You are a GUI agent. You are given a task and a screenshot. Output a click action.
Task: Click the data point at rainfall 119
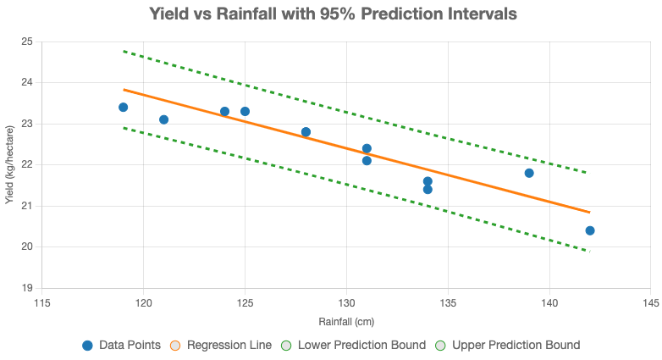[x=124, y=108]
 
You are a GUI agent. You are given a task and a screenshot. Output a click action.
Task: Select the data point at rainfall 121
[x=164, y=119]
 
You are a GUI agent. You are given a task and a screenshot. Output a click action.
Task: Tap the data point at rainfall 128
[x=306, y=132]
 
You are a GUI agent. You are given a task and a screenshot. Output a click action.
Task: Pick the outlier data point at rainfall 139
[x=529, y=173]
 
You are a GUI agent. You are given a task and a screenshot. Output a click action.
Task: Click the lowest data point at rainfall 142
[x=590, y=230]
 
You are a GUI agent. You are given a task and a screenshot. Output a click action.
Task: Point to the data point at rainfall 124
[x=224, y=112]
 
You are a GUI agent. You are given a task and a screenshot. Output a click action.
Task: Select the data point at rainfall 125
[x=245, y=112]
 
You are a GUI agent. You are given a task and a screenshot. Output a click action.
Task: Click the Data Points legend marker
[x=87, y=346]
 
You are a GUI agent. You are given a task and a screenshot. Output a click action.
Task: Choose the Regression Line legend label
[x=229, y=346]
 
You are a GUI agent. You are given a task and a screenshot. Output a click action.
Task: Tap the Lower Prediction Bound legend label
[x=361, y=346]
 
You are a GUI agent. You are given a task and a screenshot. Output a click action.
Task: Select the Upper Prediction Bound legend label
[x=516, y=346]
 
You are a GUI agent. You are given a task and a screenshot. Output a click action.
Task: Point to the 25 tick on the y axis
[x=27, y=42]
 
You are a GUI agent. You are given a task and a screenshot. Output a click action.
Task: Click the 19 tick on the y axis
[x=27, y=288]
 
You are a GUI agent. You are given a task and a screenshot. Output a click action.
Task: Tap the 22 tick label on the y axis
[x=27, y=165]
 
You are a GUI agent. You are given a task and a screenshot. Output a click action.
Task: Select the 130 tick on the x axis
[x=346, y=303]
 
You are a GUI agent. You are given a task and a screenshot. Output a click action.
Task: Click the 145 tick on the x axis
[x=651, y=303]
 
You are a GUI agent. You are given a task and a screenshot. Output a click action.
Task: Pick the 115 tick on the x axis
[x=41, y=303]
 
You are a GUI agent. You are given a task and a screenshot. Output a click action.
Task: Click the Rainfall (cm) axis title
[x=346, y=322]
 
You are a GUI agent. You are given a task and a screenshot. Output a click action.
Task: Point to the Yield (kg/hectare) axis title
[x=9, y=165]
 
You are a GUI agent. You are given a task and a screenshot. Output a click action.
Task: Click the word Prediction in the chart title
[x=401, y=14]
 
